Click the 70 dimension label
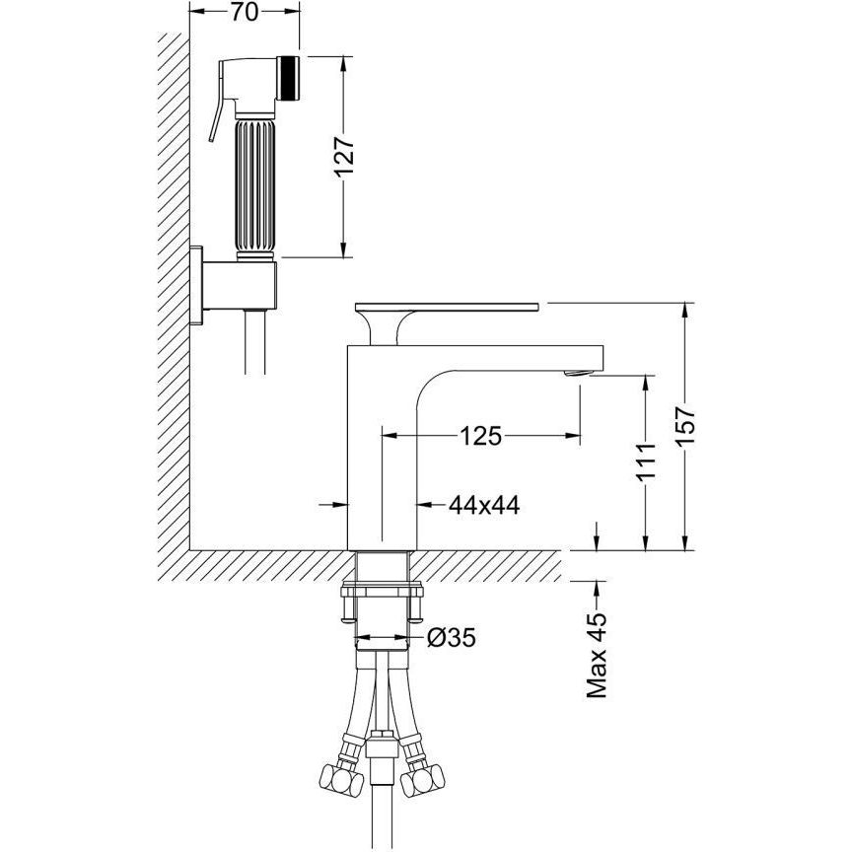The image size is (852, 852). point(244,12)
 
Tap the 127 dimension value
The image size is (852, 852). point(344,157)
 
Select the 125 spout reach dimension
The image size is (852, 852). point(480,435)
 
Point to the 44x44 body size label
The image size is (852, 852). point(484,505)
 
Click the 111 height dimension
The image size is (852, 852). point(646,461)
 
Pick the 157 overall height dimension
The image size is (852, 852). point(685,427)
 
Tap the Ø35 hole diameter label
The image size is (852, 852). point(451,637)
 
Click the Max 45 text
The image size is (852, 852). point(597,656)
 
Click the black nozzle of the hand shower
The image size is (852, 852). point(288,78)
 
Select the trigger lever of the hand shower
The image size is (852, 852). point(216,104)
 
